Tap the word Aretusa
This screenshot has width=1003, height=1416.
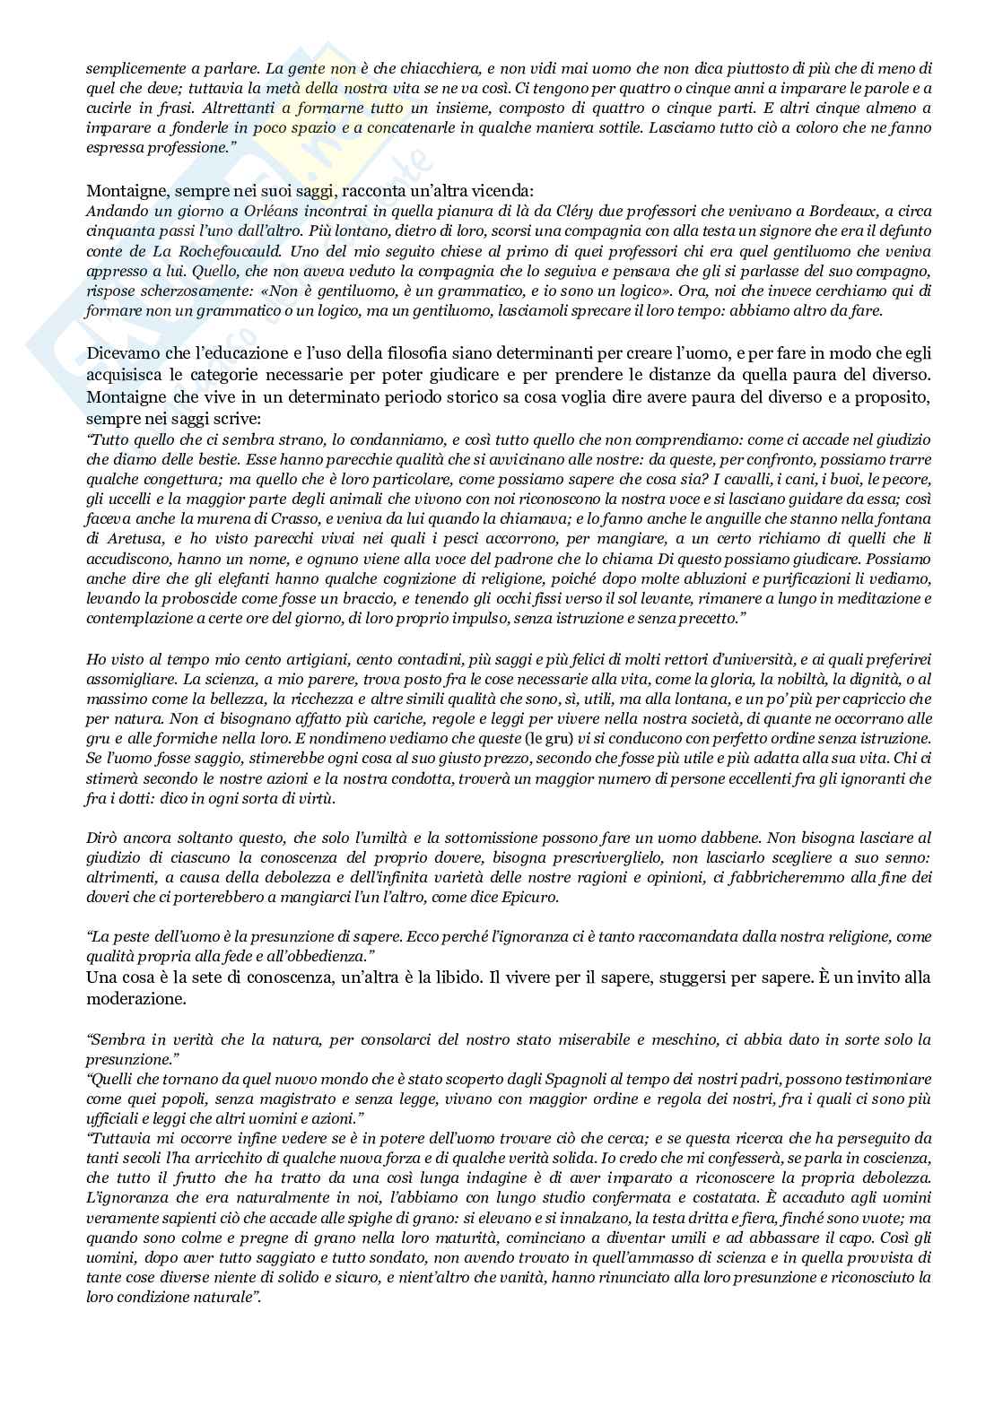127,538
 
